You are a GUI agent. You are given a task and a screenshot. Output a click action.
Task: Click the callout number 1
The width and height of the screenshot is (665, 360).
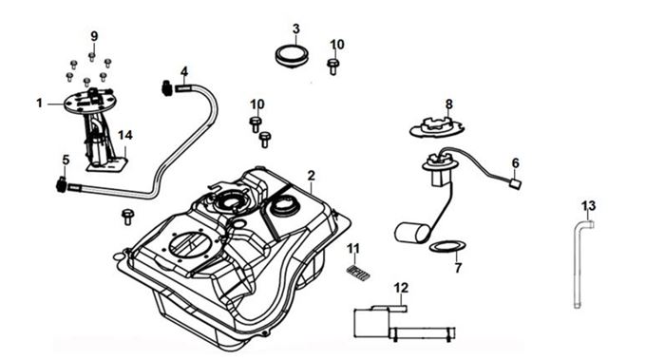pyautogui.click(x=40, y=103)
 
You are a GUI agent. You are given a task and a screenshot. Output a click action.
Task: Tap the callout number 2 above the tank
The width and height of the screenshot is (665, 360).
pyautogui.click(x=312, y=175)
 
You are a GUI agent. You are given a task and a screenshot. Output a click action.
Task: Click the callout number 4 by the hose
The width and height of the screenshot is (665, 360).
pyautogui.click(x=184, y=71)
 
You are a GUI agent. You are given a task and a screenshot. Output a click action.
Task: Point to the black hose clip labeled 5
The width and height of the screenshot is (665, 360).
pyautogui.click(x=62, y=185)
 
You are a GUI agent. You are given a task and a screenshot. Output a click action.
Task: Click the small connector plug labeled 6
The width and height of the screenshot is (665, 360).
pyautogui.click(x=515, y=184)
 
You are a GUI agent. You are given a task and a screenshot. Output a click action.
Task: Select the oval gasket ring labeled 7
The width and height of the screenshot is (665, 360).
pyautogui.click(x=447, y=246)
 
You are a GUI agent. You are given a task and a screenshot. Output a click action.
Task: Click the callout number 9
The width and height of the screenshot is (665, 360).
pyautogui.click(x=94, y=36)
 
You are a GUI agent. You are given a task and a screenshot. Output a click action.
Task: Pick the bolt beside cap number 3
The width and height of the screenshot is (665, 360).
pyautogui.click(x=333, y=66)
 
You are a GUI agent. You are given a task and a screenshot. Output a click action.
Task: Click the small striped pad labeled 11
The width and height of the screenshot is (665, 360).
pyautogui.click(x=358, y=273)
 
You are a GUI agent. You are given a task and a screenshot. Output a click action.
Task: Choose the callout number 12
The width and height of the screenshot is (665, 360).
pyautogui.click(x=401, y=288)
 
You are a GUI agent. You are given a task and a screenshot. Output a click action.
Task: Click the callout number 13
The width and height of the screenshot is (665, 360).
pyautogui.click(x=588, y=206)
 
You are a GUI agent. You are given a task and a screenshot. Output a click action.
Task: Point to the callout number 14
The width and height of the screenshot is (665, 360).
pyautogui.click(x=125, y=135)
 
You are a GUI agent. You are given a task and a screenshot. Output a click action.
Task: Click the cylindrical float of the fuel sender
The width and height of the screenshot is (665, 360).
pyautogui.click(x=411, y=233)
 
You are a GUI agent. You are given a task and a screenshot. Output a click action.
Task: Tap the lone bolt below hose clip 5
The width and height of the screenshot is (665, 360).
pyautogui.click(x=127, y=217)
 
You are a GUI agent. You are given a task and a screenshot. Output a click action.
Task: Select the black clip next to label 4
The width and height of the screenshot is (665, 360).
pyautogui.click(x=167, y=87)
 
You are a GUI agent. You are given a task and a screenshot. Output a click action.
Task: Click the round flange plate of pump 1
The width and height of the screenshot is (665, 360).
pyautogui.click(x=90, y=103)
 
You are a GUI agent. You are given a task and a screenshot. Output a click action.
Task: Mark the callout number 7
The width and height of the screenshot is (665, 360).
pyautogui.click(x=458, y=268)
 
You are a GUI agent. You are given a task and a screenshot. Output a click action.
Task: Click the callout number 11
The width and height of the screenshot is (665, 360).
pyautogui.click(x=353, y=249)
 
